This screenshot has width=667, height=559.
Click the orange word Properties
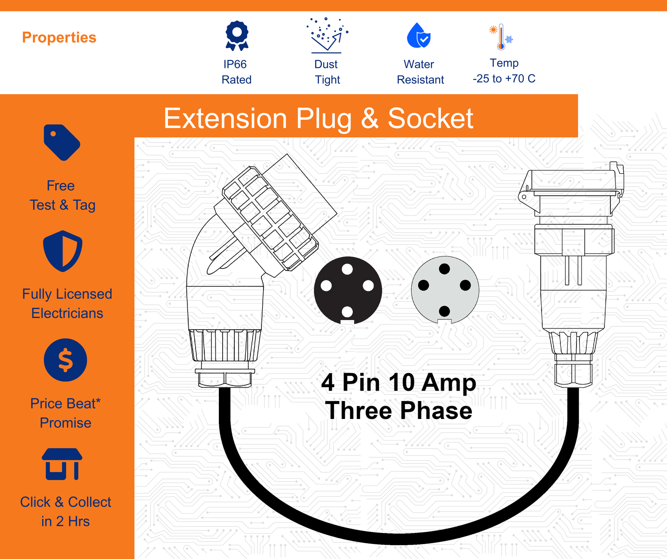point(59,38)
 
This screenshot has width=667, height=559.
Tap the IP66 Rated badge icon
point(237,36)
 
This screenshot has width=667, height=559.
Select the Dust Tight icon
point(327,35)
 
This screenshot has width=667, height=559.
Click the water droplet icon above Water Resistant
point(419,35)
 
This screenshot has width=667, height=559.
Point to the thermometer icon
point(501,37)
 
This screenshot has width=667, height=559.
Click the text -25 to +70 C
point(504,79)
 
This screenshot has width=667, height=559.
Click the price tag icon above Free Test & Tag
point(62,142)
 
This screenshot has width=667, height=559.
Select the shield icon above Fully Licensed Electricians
point(63,251)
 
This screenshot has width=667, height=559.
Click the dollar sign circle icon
point(65,360)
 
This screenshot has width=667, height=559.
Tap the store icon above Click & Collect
point(62,464)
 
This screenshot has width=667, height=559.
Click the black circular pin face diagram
point(348,291)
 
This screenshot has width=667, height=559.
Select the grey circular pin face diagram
point(445,290)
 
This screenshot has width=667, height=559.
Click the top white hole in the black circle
point(347,269)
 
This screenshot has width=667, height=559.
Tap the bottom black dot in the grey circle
point(444,311)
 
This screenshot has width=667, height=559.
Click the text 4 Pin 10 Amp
point(399,382)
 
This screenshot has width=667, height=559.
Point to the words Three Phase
point(399,411)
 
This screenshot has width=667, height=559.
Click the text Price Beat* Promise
point(65,413)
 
